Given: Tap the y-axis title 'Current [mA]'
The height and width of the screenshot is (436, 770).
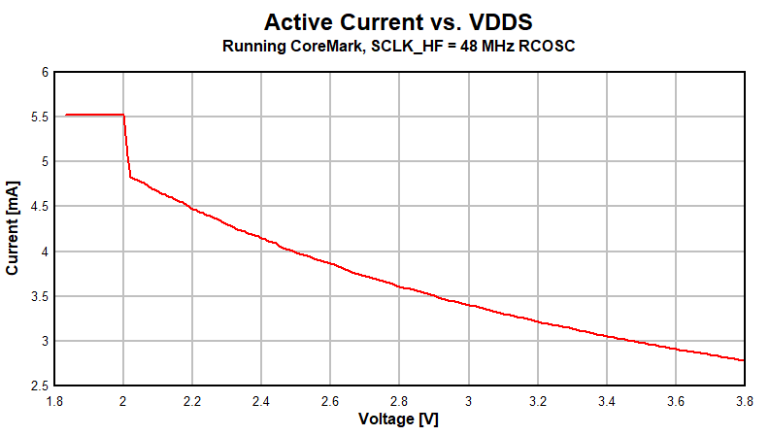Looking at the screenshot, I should tap(13, 227).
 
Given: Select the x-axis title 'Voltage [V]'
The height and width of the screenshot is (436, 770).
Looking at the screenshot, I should tap(399, 419).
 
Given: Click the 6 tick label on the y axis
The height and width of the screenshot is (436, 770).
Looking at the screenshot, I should tap(44, 72).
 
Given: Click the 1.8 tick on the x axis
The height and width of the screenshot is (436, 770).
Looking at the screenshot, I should tap(54, 400).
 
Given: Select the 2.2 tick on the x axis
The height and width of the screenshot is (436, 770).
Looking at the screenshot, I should tap(192, 400).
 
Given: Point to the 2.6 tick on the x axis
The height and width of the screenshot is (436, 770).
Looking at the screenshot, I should tap(330, 400).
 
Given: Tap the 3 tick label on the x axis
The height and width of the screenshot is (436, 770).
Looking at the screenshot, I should tap(469, 400).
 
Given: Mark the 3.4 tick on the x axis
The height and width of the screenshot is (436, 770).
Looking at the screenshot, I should tap(607, 400).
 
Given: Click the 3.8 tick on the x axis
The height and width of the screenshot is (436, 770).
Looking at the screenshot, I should tap(745, 400).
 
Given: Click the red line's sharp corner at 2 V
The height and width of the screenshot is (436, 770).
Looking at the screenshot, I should tap(124, 116).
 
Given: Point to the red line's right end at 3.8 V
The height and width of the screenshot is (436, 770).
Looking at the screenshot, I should tap(744, 360).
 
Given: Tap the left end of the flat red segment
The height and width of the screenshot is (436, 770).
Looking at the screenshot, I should tap(66, 116).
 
